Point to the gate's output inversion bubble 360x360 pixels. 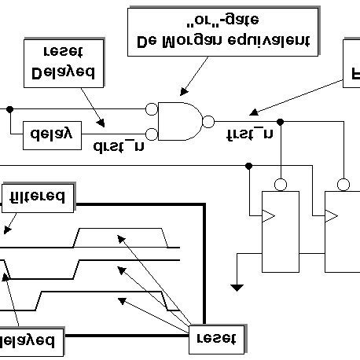[x=208, y=121]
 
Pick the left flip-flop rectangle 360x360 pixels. [x=281, y=230]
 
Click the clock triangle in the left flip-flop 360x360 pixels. [x=268, y=215]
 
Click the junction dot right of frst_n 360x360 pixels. [x=281, y=122]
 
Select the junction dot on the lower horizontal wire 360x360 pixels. [x=249, y=165]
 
